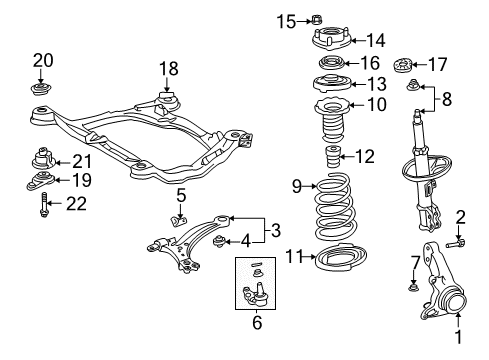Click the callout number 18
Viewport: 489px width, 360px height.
[x=167, y=68]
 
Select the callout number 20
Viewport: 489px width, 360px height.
[x=42, y=59]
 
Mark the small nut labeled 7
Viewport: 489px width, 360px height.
[x=413, y=290]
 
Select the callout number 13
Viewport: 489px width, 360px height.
[x=349, y=84]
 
